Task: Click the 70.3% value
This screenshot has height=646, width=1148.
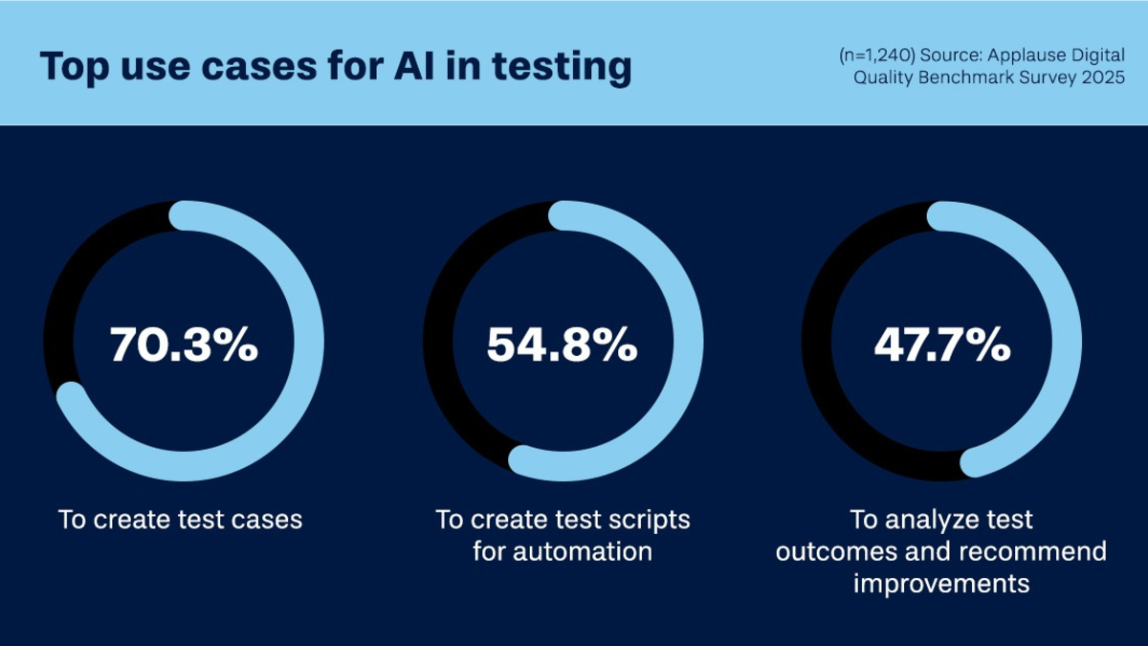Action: pyautogui.click(x=184, y=345)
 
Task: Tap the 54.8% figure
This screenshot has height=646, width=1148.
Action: pyautogui.click(x=563, y=345)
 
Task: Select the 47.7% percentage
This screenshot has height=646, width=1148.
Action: pyautogui.click(x=942, y=345)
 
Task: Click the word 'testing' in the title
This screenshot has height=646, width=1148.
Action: pyautogui.click(x=562, y=67)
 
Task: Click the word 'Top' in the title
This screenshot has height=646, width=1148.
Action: pyautogui.click(x=75, y=67)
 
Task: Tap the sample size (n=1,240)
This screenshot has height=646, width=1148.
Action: pyautogui.click(x=877, y=56)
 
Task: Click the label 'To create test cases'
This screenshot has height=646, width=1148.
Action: pyautogui.click(x=181, y=520)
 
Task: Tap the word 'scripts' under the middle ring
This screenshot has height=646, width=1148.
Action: pyautogui.click(x=650, y=521)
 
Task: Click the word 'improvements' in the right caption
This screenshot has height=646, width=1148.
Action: pyautogui.click(x=941, y=585)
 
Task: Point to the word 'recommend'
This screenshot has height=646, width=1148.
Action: pyautogui.click(x=1032, y=551)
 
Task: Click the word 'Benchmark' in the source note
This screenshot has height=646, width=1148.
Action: pyautogui.click(x=965, y=78)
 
